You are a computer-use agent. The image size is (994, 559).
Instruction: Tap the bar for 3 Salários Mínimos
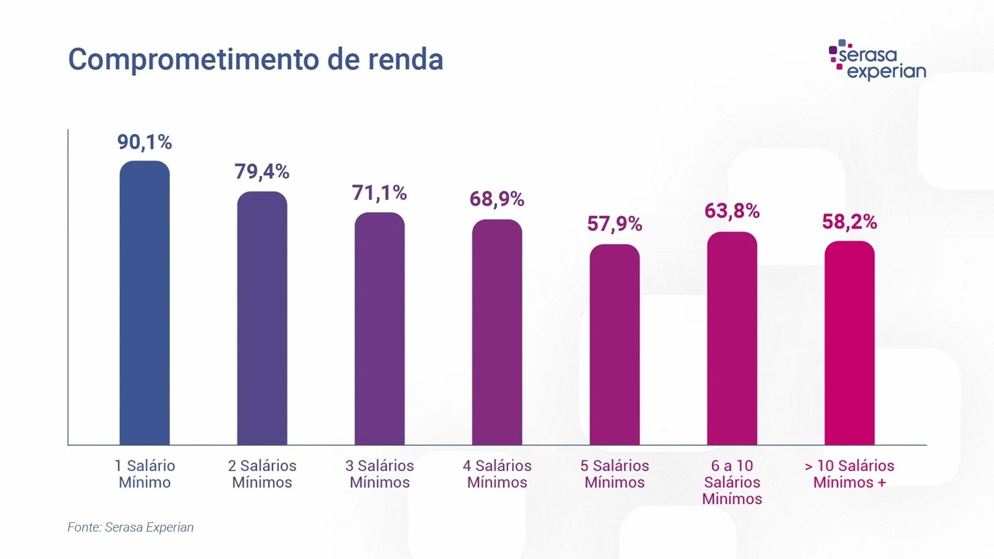tap(379, 329)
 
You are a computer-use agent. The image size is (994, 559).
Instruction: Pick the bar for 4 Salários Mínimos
tap(497, 332)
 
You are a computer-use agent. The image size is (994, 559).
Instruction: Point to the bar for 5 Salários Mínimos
tap(614, 344)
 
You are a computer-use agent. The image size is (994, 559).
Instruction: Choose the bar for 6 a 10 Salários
tap(732, 338)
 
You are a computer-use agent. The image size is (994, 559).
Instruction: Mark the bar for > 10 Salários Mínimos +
tap(849, 343)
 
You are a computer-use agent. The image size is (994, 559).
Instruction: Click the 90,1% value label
tap(144, 142)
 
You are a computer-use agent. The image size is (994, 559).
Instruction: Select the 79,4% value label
tap(261, 171)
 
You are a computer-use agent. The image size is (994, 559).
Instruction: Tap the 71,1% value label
tap(379, 193)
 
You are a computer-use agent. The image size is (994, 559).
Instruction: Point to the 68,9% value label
tap(497, 199)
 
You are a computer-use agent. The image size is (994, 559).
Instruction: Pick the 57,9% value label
tap(614, 224)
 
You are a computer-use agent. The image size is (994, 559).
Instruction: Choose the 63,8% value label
tap(732, 211)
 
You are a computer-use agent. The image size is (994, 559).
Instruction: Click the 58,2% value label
tap(849, 222)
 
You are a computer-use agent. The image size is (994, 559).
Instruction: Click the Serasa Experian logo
tap(877, 60)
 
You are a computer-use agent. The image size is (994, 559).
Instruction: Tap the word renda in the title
tap(406, 60)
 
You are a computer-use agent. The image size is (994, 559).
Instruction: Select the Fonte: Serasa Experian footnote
tap(131, 527)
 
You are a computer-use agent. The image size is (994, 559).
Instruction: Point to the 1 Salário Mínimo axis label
tap(145, 474)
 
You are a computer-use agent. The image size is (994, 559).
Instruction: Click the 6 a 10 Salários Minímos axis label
tap(732, 482)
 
